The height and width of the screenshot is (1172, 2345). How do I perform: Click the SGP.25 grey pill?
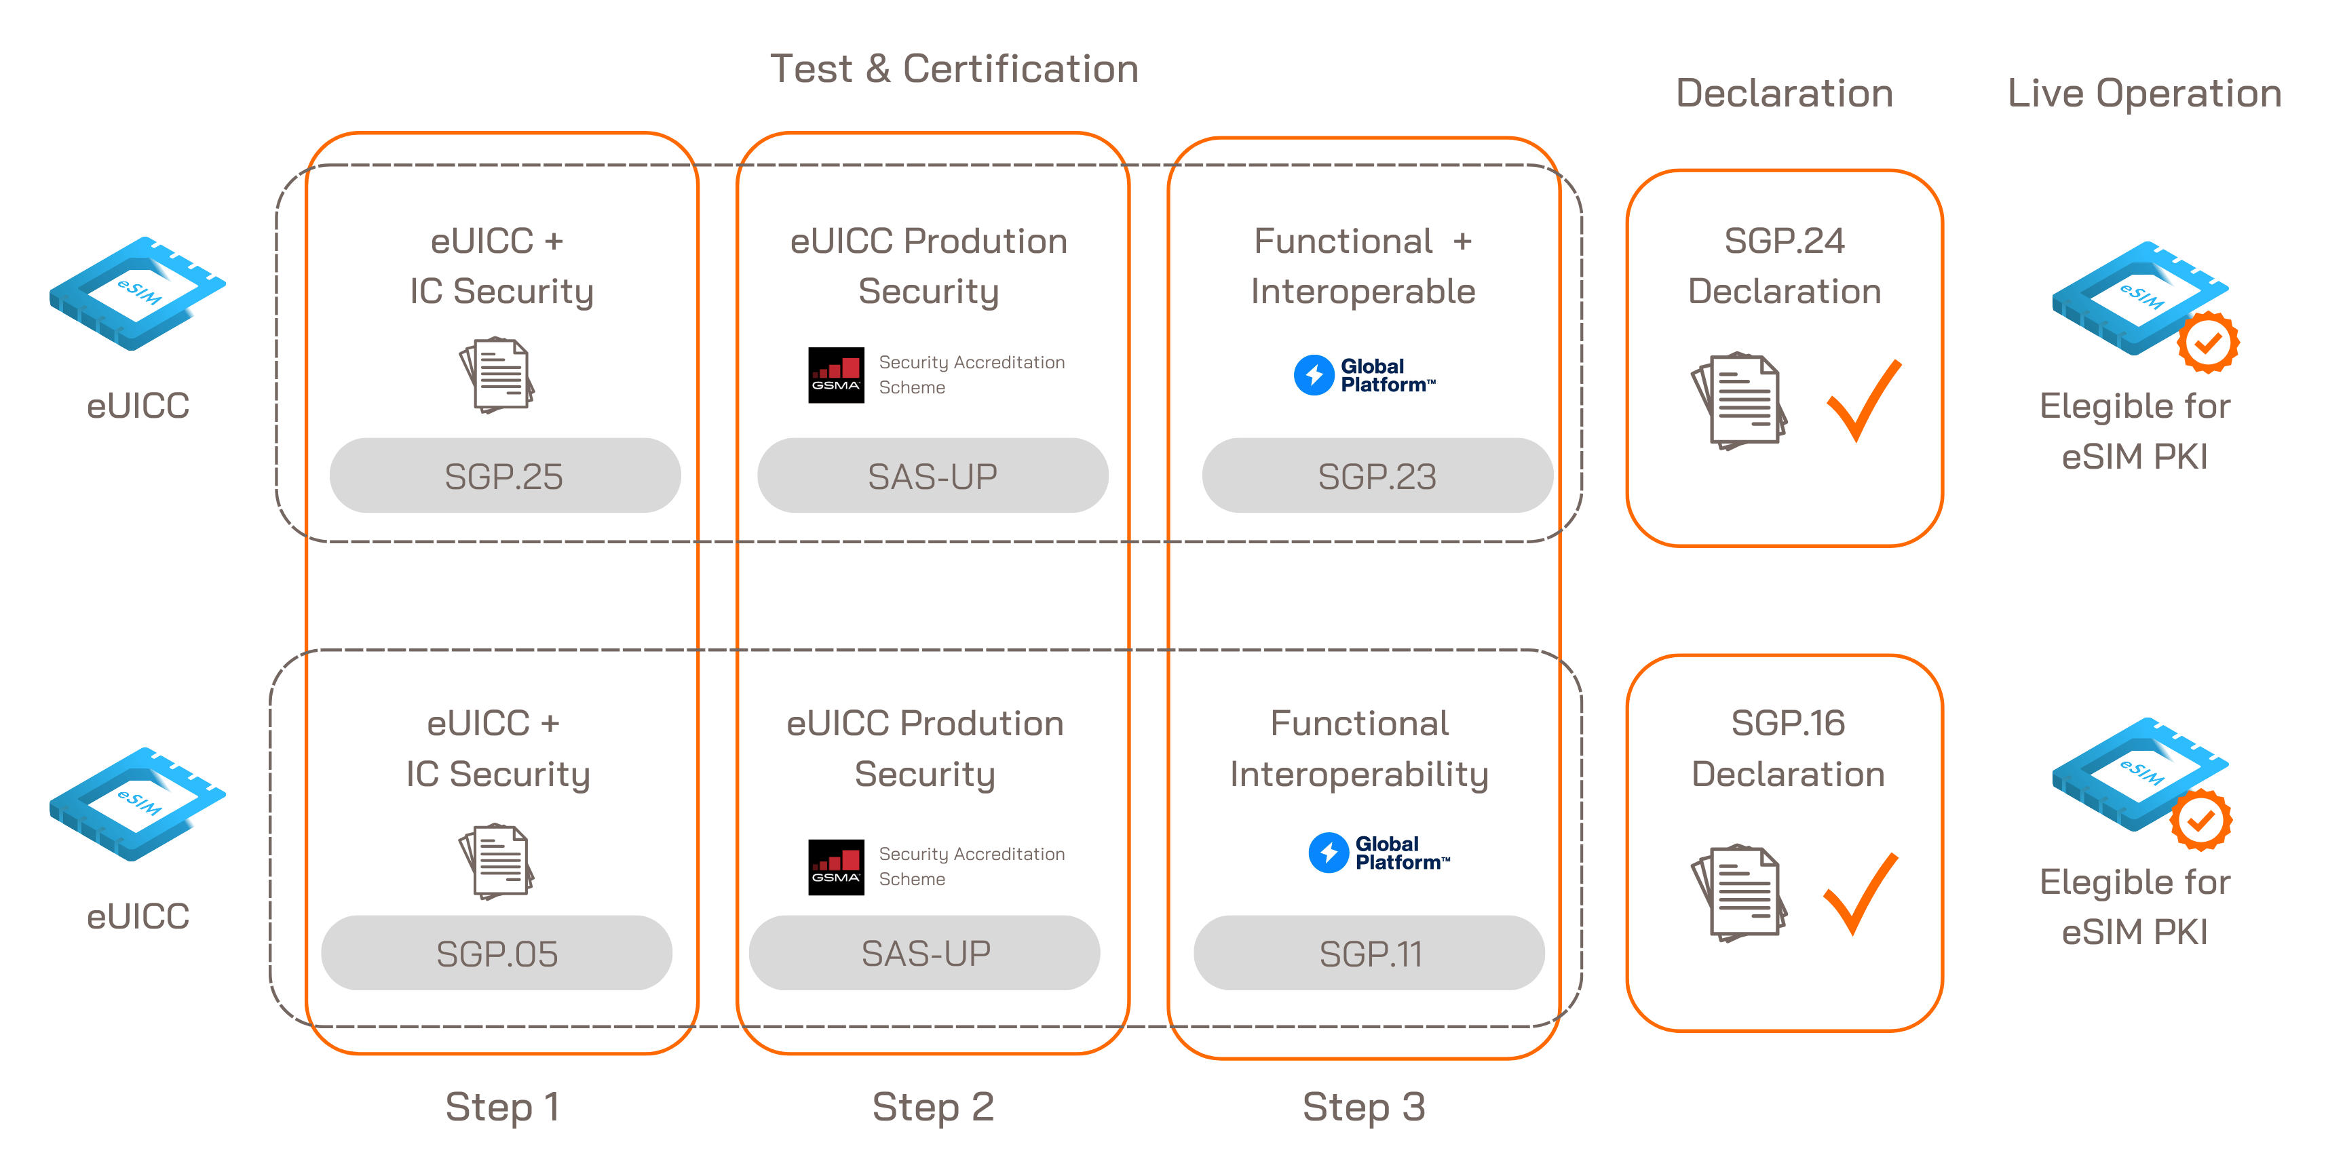pyautogui.click(x=504, y=476)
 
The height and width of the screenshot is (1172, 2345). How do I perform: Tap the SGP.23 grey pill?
pyautogui.click(x=1377, y=476)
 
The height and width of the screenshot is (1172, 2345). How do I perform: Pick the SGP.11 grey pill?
pyautogui.click(x=1369, y=954)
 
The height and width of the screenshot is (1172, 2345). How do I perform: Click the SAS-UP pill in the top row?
pyautogui.click(x=932, y=476)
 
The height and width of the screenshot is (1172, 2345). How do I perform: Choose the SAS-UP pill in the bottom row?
pyautogui.click(x=925, y=954)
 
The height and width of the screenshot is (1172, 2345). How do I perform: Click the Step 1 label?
pyautogui.click(x=503, y=1106)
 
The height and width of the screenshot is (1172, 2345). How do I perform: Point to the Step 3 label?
pyautogui.click(x=1364, y=1106)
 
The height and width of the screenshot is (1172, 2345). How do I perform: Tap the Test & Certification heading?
pyautogui.click(x=954, y=69)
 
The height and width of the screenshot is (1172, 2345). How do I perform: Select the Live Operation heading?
pyautogui.click(x=2144, y=93)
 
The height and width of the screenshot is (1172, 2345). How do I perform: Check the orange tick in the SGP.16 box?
pyautogui.click(x=1860, y=893)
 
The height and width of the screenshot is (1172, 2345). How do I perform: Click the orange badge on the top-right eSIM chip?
pyautogui.click(x=2207, y=342)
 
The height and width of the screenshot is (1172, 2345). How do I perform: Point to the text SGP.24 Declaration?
pyautogui.click(x=1785, y=266)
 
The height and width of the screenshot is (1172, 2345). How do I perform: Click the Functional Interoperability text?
pyautogui.click(x=1359, y=748)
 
